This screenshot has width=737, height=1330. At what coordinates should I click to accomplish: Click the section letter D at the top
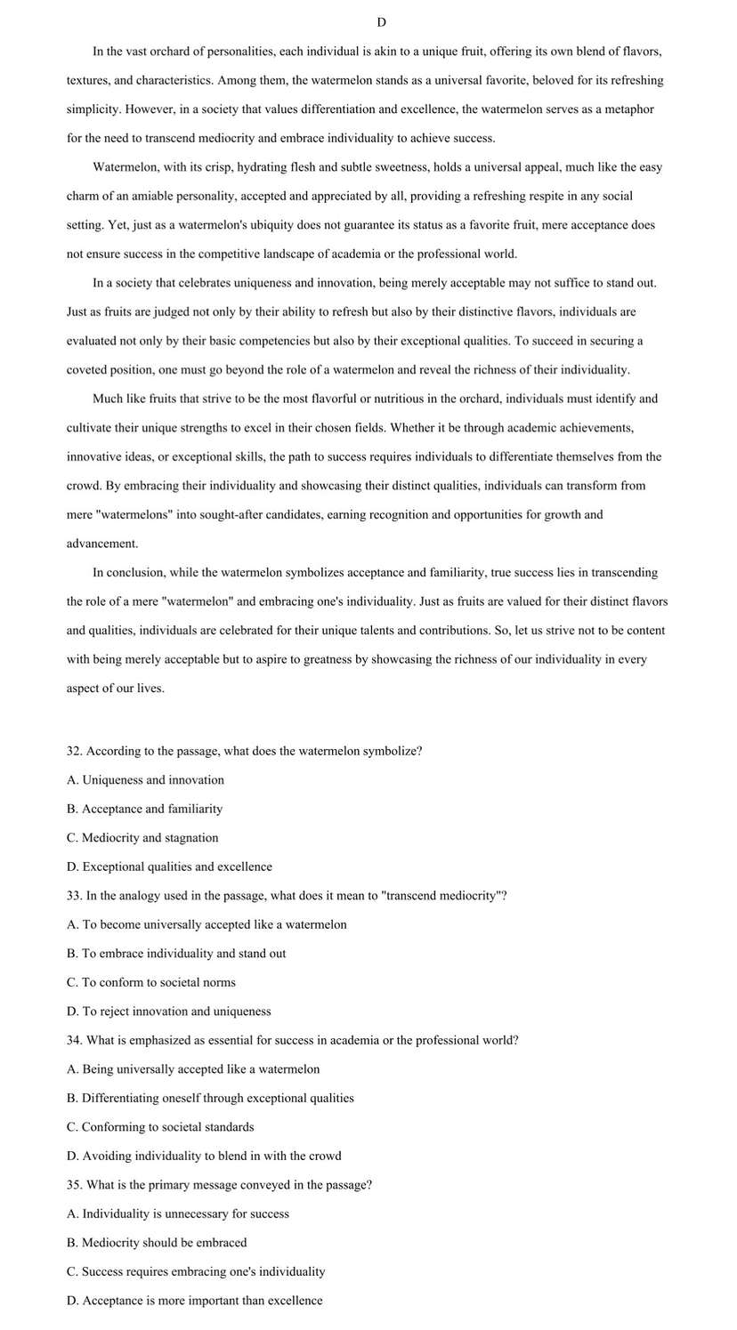point(381,22)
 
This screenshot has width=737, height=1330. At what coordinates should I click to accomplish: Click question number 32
point(75,751)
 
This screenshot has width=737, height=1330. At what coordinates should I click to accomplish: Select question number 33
point(75,896)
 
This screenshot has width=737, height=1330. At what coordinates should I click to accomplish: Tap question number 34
point(75,1040)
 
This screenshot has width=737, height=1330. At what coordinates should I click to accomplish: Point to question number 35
point(75,1185)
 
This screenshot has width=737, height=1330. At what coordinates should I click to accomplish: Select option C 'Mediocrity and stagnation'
point(142,838)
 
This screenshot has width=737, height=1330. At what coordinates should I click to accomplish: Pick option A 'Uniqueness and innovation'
point(145,780)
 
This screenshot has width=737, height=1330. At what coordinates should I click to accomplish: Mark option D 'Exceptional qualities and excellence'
point(169,867)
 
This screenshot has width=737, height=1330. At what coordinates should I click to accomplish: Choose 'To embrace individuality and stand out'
point(176,954)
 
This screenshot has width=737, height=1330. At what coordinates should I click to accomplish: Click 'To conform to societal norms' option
point(151,982)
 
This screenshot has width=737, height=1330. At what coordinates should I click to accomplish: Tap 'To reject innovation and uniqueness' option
point(169,1012)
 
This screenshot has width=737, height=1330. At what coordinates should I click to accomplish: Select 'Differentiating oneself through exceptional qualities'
point(210,1098)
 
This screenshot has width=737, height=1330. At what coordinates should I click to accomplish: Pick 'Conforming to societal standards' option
point(160,1127)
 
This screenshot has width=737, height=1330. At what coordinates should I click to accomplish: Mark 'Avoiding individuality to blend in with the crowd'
point(204,1156)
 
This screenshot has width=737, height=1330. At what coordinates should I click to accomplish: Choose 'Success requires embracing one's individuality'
point(196,1271)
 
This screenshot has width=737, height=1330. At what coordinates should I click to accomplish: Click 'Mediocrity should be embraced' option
point(157,1243)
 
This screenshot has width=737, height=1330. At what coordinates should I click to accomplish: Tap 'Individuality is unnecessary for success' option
point(178,1213)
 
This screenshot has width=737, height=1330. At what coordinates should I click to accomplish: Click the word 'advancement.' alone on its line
point(102,544)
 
